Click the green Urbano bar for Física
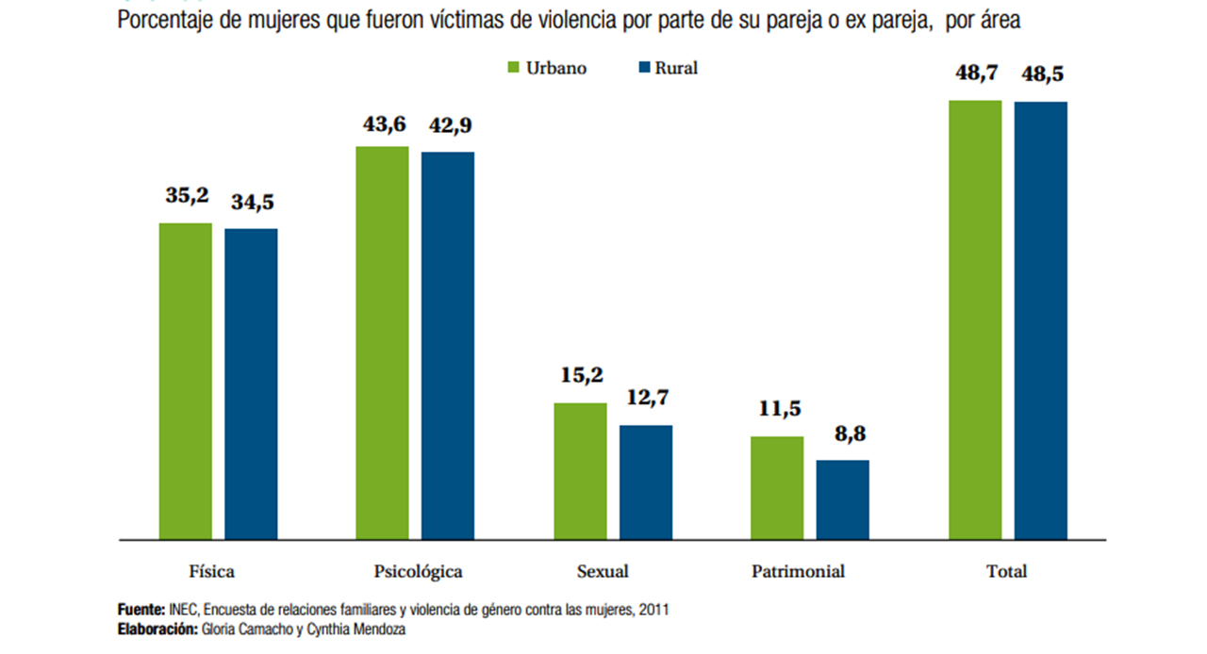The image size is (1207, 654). coord(185,381)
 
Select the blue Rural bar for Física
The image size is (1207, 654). coord(251,384)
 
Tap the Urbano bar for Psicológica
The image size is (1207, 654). coord(382,343)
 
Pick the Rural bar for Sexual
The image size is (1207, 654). coord(646,482)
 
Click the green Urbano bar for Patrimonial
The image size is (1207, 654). coord(777,488)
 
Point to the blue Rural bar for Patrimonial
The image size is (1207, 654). coord(843,499)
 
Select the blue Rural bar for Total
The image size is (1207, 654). coord(1041,320)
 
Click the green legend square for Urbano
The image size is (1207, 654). coord(514,68)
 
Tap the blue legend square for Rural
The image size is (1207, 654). coord(645,68)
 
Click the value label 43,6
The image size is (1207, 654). coord(383,124)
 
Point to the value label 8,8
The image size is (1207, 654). coord(843,435)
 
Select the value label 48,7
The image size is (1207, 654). coord(975,74)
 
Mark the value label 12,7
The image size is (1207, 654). coord(647,398)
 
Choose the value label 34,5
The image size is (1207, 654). coord(252,202)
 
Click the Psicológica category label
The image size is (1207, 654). coord(418,571)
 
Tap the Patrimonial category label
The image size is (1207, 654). coord(798,571)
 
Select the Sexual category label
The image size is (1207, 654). coord(602,571)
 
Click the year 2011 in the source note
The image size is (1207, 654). coord(653,610)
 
